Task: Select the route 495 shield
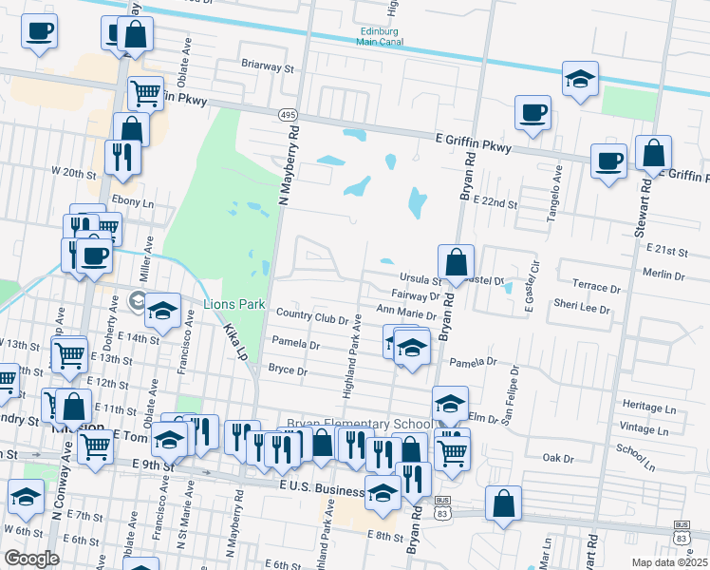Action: click(x=287, y=114)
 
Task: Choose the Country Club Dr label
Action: click(x=311, y=313)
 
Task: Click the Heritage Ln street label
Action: click(x=656, y=407)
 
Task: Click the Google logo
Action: click(x=31, y=559)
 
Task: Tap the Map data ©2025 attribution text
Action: click(x=667, y=561)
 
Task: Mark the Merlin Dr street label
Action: click(x=663, y=275)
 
